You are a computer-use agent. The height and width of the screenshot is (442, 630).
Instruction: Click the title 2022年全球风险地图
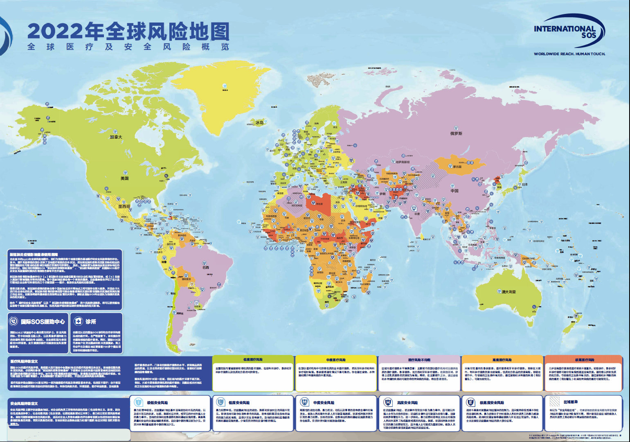(x=128, y=32)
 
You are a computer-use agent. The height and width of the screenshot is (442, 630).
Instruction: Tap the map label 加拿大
(x=116, y=137)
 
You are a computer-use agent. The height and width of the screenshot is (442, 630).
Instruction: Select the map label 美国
(x=124, y=178)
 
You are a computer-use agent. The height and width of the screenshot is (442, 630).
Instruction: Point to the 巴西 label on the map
(x=205, y=268)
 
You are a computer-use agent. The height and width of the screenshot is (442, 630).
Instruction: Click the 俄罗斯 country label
(x=456, y=133)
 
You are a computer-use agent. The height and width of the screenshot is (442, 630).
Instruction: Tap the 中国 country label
(x=454, y=191)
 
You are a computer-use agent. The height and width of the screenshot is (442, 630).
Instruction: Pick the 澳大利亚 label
(x=509, y=292)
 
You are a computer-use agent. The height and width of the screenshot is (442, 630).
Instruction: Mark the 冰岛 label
(x=260, y=122)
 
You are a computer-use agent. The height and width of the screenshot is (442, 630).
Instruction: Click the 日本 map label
(x=525, y=185)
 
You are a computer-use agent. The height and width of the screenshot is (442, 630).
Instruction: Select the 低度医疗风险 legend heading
(x=253, y=360)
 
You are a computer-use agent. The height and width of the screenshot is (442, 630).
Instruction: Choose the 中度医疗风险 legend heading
(x=336, y=360)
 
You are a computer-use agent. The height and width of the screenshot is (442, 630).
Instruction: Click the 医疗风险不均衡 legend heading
(x=419, y=360)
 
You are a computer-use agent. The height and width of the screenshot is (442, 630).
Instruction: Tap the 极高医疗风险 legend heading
(x=585, y=360)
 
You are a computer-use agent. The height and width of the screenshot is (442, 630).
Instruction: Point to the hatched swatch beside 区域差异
(x=554, y=402)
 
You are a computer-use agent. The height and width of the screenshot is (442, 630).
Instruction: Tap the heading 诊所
(x=91, y=322)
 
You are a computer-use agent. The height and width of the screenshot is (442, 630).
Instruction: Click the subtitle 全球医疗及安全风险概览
(x=128, y=47)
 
